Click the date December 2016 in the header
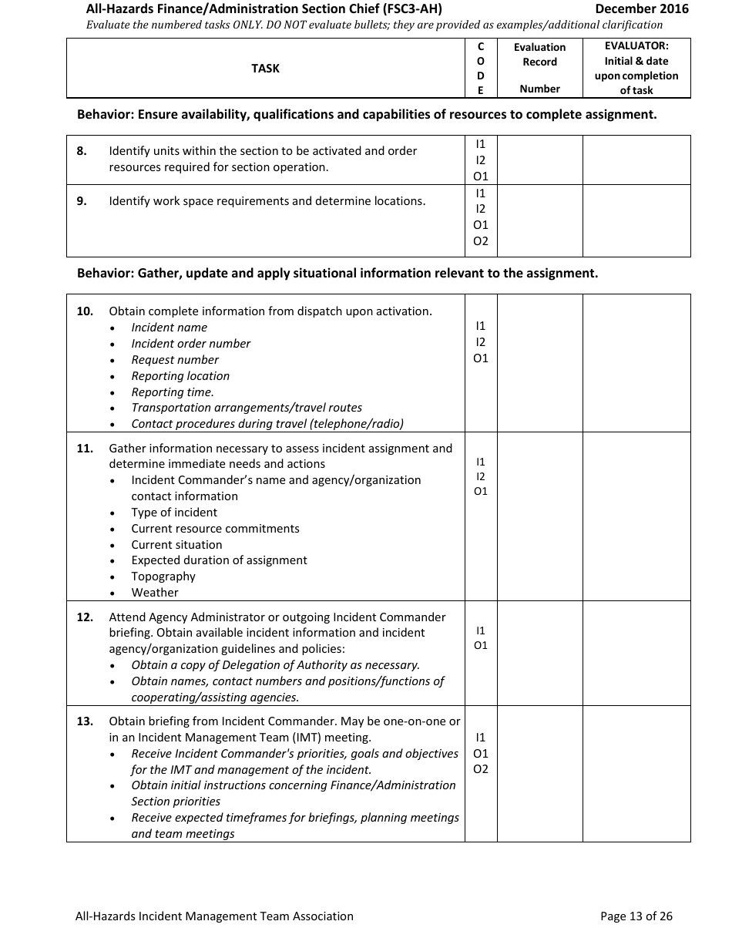pos(642,9)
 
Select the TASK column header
pos(265,69)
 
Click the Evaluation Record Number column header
pos(539,68)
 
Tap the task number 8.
pos(81,151)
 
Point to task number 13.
pos(85,721)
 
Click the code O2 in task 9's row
pos(481,241)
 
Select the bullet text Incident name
pos(169,328)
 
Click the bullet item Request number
pos(175,360)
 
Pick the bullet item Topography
pos(163,577)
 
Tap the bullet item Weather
pos(155,593)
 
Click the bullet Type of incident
pos(174,513)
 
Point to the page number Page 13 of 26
pos(636,916)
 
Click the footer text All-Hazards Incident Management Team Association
pos(214,916)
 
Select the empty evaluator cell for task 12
pos(636,653)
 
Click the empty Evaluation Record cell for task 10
pos(539,362)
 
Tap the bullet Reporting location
pos(180,376)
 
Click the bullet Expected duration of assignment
pos(219,560)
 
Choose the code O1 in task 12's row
pos(481,646)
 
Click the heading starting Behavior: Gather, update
pos(337,273)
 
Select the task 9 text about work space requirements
pos(267,201)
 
